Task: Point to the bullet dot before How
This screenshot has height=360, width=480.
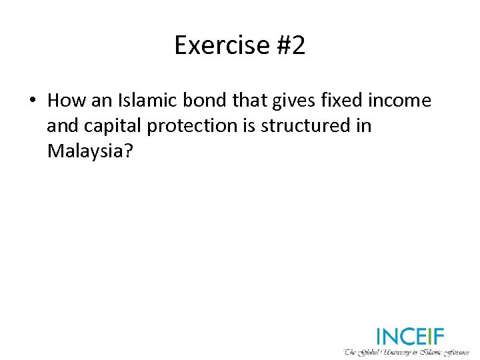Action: click(x=31, y=101)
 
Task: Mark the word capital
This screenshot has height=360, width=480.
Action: click(x=109, y=127)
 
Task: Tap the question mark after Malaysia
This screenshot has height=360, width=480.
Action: click(x=130, y=151)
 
